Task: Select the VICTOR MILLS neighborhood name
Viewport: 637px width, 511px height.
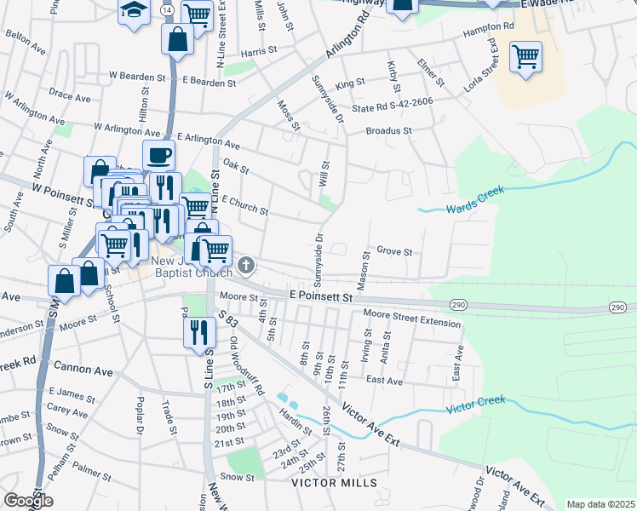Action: tap(334, 483)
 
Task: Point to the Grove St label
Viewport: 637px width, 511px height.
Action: tap(394, 252)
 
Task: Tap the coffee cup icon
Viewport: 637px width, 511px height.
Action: tap(159, 155)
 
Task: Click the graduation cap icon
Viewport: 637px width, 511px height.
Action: tap(134, 11)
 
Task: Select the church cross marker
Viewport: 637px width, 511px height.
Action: tap(246, 267)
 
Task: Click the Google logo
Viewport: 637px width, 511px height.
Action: tap(28, 501)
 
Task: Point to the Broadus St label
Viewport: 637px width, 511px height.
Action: tap(389, 131)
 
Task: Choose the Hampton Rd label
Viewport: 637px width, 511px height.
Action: tap(489, 27)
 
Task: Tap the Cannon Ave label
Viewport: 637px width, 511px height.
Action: tap(83, 370)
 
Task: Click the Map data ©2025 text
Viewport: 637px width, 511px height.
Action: tap(600, 504)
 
